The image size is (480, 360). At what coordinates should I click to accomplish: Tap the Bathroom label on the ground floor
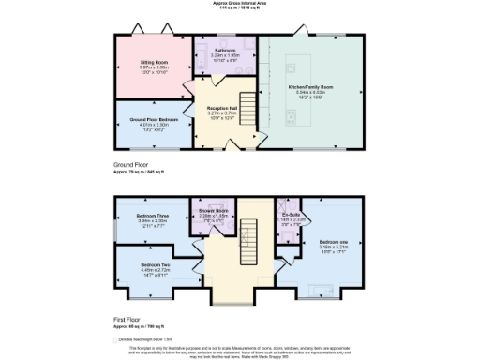(x=225, y=50)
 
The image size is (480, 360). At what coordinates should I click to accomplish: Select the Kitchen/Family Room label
(x=310, y=86)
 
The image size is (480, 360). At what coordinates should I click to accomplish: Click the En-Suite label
(x=291, y=216)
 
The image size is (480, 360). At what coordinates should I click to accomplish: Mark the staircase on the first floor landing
(x=247, y=242)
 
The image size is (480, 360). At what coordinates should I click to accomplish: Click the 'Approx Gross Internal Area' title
(x=239, y=4)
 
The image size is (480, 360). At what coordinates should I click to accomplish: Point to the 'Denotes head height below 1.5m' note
(x=150, y=338)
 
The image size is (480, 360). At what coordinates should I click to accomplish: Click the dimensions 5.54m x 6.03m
(x=310, y=92)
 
